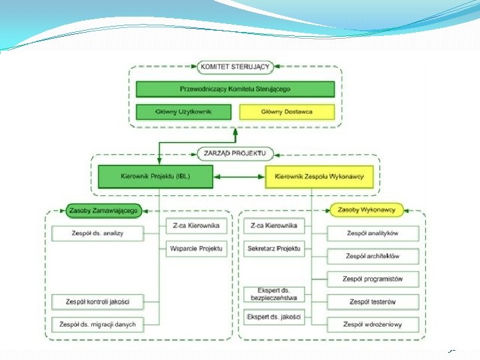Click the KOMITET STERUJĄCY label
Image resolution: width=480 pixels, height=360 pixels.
click(x=235, y=67)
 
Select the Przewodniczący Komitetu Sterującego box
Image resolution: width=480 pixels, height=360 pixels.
click(x=235, y=89)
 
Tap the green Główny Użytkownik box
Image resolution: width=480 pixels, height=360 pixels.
click(x=183, y=112)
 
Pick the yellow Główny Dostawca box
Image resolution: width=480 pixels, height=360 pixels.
click(x=287, y=112)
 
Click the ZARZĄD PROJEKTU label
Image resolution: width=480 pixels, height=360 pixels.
click(x=235, y=154)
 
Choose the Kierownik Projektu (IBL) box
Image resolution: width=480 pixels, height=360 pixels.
click(x=155, y=177)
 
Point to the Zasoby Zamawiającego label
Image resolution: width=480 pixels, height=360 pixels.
click(x=102, y=211)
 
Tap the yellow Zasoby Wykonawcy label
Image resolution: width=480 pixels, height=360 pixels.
click(x=367, y=210)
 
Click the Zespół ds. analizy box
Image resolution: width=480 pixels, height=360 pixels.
click(x=97, y=233)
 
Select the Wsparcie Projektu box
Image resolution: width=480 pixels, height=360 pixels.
click(x=196, y=249)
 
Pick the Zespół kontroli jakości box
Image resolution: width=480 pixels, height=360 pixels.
click(x=97, y=302)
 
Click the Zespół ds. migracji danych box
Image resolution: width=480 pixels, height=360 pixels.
click(x=97, y=325)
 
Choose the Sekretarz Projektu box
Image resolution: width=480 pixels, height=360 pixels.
click(x=274, y=249)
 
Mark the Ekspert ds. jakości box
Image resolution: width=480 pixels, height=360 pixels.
click(x=274, y=317)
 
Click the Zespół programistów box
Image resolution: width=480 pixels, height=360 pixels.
click(x=373, y=279)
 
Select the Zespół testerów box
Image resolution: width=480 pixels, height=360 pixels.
click(x=373, y=302)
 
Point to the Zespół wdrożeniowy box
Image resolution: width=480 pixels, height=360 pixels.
click(x=373, y=325)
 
